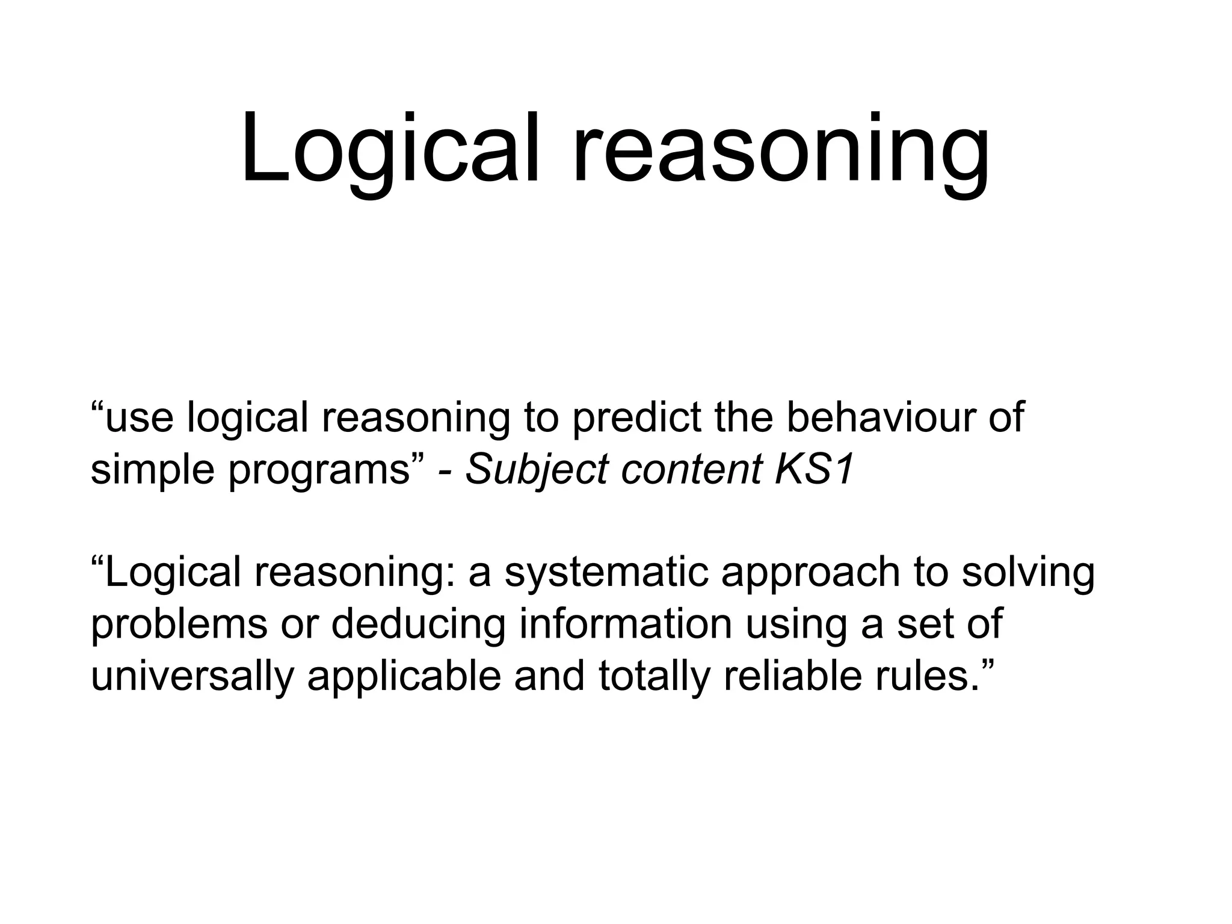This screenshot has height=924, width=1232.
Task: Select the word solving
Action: point(1027,572)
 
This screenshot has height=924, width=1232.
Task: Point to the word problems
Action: point(179,624)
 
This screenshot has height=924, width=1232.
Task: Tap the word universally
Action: point(192,676)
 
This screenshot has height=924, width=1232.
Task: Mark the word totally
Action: point(654,676)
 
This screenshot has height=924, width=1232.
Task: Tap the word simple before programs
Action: point(152,470)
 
